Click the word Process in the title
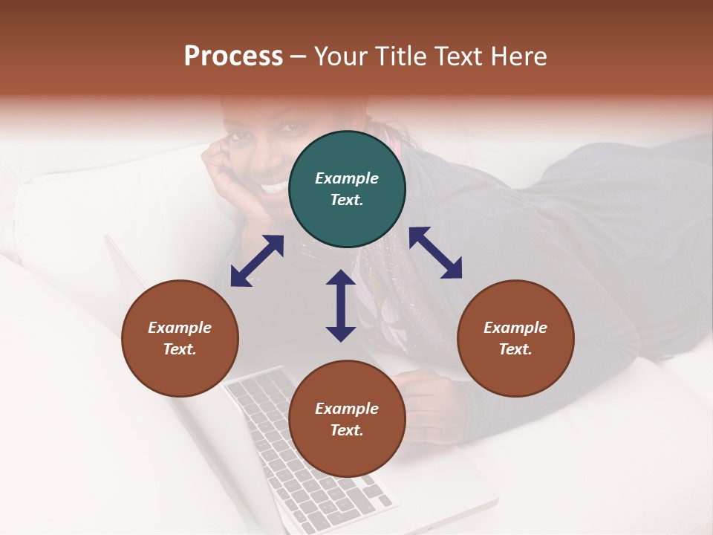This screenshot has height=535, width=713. pyautogui.click(x=233, y=56)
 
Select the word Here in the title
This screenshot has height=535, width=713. pyautogui.click(x=517, y=56)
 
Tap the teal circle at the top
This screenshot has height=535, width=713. pyautogui.click(x=347, y=189)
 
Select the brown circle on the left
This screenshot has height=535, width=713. pyautogui.click(x=180, y=338)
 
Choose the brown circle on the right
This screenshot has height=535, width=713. pyautogui.click(x=515, y=338)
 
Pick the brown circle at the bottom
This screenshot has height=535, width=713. pyautogui.click(x=347, y=419)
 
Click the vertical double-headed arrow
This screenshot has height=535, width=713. pyautogui.click(x=341, y=305)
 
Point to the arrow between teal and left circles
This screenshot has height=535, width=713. pyautogui.click(x=257, y=261)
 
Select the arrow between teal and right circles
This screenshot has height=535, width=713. pyautogui.click(x=435, y=253)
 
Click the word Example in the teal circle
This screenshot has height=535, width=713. pyautogui.click(x=347, y=178)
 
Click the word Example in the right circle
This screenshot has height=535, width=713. pyautogui.click(x=515, y=328)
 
